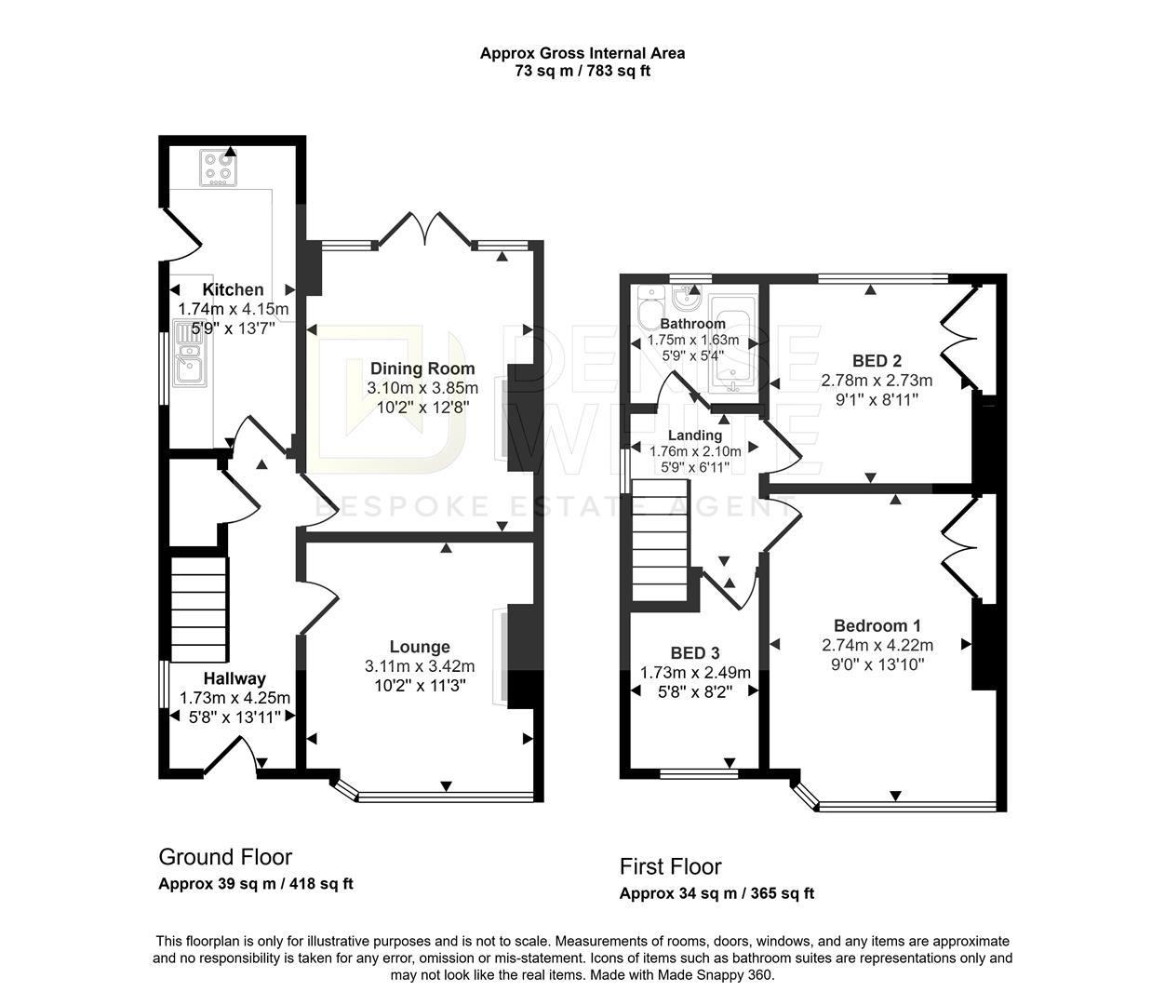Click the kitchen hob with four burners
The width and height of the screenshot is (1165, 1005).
coord(219,167)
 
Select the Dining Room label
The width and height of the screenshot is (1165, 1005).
coord(422,368)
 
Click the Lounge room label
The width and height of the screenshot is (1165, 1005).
coord(419,647)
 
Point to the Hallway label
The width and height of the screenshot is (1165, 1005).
coord(234,678)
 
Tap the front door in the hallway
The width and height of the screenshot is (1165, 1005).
coord(231,754)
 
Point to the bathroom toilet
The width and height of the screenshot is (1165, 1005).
coord(648,304)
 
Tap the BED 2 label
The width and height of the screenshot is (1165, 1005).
coord(876,361)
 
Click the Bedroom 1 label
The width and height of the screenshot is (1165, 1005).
coord(877,625)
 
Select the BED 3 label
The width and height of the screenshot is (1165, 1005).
coord(694,653)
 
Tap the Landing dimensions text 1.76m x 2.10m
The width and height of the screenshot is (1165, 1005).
coord(695,451)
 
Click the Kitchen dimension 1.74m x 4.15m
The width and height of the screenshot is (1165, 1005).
coord(233,309)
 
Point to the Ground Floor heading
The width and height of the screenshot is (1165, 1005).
coord(225,856)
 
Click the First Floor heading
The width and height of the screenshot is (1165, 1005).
coord(670,866)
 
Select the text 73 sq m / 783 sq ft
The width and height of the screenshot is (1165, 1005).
coord(582,72)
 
